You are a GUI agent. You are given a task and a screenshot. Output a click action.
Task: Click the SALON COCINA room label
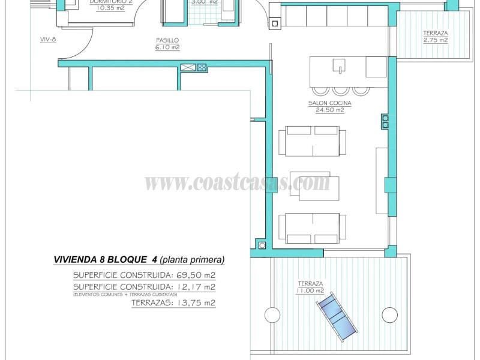[x=329, y=103]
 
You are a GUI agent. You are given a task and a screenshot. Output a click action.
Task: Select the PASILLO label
[x=167, y=40]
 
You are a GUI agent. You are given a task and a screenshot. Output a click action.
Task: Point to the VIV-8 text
[x=48, y=40]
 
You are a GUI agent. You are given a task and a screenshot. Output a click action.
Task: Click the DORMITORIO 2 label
[x=110, y=2]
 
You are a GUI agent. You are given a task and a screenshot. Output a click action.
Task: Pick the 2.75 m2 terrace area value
[x=435, y=40]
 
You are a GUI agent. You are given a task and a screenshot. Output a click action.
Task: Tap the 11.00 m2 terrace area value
[x=310, y=290]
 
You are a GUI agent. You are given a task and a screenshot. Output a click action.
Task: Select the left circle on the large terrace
[x=272, y=315]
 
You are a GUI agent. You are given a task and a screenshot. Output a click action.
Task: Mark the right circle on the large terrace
[x=389, y=314]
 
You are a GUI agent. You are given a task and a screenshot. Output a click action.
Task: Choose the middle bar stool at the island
[x=341, y=90]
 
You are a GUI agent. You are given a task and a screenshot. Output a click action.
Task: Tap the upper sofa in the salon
[x=312, y=141]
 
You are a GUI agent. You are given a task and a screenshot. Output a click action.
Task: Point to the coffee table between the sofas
[x=310, y=183]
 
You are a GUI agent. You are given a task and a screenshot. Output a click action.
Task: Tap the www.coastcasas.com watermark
[x=238, y=182]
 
